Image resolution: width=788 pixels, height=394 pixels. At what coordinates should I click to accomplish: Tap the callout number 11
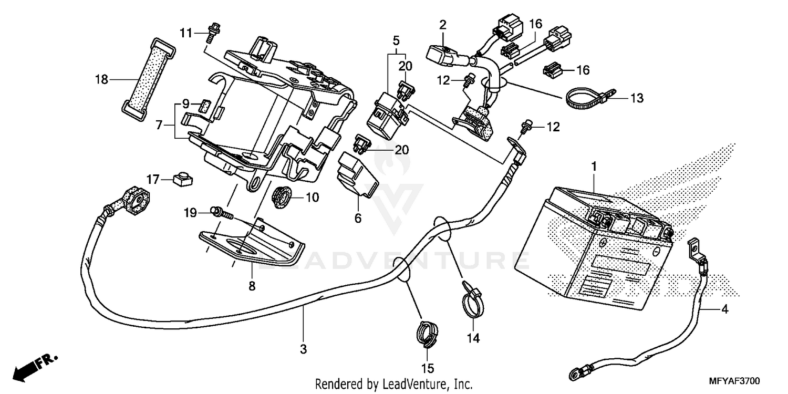click(185, 34)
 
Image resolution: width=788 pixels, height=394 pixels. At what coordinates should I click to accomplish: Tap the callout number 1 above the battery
click(594, 166)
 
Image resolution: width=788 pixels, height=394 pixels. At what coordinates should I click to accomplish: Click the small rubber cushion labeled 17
click(182, 179)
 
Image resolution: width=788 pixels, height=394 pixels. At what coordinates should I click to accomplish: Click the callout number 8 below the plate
click(252, 287)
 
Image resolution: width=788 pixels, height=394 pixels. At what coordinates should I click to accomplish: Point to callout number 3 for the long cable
click(304, 349)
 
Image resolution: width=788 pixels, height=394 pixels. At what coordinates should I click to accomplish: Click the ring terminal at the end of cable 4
click(574, 374)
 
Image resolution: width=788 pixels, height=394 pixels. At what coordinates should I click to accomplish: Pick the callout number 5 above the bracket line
click(396, 40)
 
